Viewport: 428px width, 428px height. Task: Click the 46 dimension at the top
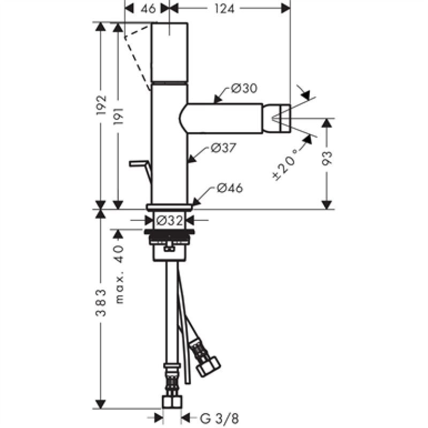[148, 9]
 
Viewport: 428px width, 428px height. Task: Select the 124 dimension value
[224, 9]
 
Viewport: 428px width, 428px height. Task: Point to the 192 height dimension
[101, 105]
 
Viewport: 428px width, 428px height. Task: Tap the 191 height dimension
[118, 116]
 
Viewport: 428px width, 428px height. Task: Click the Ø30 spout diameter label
[244, 88]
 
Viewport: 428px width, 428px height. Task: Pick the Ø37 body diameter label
[224, 148]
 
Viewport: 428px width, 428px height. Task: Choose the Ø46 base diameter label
[230, 188]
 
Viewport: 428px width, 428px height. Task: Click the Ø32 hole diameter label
[170, 220]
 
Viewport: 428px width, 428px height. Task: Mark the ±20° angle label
[284, 165]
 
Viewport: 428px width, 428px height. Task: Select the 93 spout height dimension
[327, 158]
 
